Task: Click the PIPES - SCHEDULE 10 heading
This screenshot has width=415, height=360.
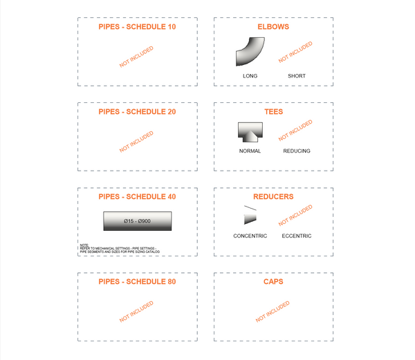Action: pos(137,27)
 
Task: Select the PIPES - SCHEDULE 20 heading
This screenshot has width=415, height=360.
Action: pos(137,111)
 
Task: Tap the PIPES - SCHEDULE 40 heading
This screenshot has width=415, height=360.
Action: pos(137,196)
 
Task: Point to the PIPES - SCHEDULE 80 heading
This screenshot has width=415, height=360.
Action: pos(137,282)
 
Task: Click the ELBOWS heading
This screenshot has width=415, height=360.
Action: pos(273,27)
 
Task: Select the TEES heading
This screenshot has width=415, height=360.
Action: pos(273,111)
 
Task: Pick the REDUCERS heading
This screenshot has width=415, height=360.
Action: pos(273,196)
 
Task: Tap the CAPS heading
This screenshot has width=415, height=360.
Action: pos(273,282)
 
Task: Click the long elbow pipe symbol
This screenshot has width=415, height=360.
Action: pos(250,53)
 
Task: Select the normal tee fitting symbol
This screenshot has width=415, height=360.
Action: pos(250,133)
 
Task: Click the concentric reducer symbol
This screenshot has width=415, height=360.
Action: pos(250,216)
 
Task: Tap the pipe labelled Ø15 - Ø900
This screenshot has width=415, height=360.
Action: pos(137,221)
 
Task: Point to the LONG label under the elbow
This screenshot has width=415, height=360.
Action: pos(250,76)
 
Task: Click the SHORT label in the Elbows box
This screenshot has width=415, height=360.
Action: pos(297,76)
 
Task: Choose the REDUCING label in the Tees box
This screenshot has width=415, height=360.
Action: pos(297,151)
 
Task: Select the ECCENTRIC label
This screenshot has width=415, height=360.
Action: pos(297,236)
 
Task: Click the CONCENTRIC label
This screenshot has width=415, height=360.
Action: pos(250,236)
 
